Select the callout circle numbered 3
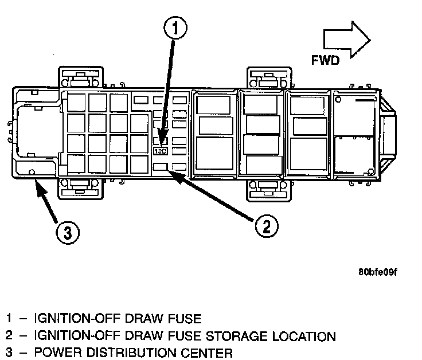coord(68,233)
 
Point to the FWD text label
coord(325,60)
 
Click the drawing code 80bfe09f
coord(377,272)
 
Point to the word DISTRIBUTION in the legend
coord(132,352)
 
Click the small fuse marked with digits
coord(161,151)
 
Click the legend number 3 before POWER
coord(8,352)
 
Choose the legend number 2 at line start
coord(8,336)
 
